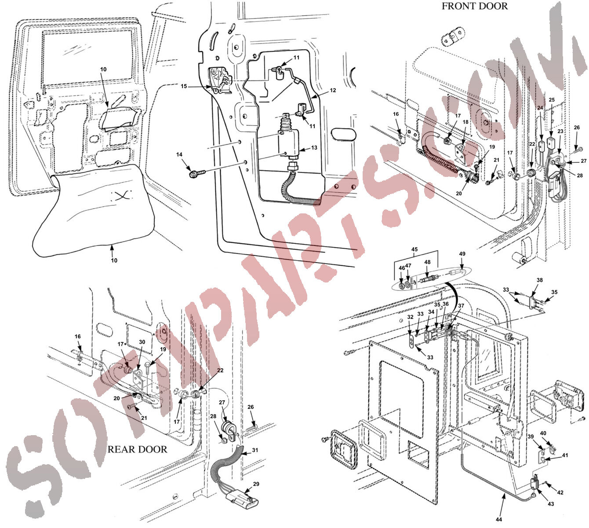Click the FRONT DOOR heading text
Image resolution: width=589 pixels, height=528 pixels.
[474, 6]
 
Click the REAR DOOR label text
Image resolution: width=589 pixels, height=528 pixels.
[138, 449]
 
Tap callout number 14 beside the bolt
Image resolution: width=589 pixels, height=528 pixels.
[179, 154]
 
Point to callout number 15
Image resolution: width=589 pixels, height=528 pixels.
[184, 86]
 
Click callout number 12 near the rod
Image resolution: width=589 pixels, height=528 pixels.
[333, 90]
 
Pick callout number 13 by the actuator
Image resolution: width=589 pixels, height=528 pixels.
[314, 147]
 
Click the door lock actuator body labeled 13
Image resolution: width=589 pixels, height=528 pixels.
[289, 143]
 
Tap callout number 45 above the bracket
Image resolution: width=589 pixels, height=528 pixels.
[414, 249]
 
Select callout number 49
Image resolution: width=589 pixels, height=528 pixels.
[462, 253]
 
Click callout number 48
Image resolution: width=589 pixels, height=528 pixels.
[427, 262]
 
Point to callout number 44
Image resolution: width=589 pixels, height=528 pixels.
[499, 519]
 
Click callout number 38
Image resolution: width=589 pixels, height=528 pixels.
[540, 280]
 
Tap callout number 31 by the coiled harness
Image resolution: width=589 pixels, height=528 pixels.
[255, 450]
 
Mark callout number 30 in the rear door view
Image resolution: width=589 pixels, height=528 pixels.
[142, 342]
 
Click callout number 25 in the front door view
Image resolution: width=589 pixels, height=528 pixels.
[552, 100]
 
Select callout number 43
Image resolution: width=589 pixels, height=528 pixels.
[551, 504]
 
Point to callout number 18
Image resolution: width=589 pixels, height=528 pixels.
[466, 122]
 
